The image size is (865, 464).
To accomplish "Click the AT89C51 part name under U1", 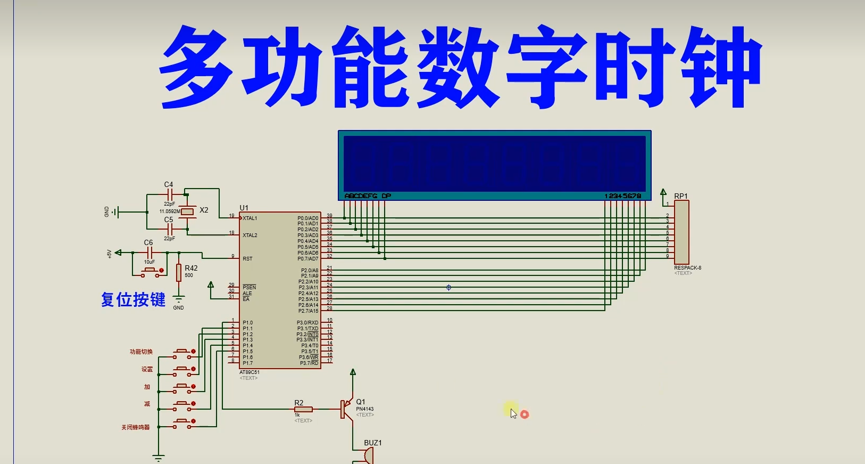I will coord(249,372).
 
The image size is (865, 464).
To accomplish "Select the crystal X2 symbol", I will coord(187,211).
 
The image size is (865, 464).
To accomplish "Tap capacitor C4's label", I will coord(169,184).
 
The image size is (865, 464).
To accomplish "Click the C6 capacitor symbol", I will coord(149,253).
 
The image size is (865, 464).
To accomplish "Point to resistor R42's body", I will coord(179,272).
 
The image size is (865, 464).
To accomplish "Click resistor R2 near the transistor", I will coord(304,409).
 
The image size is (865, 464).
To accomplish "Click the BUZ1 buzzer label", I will coord(372,443).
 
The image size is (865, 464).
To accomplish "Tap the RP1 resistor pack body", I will coord(681,233).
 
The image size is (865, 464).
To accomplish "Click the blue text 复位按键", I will coord(134,299).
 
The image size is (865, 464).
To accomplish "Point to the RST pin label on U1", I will coord(247,259).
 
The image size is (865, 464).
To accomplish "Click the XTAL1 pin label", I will coord(250,218).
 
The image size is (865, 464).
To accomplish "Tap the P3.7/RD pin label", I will coord(309,363).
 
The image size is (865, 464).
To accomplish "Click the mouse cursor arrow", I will coord(513,413).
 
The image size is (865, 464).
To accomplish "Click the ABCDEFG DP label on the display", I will coord(368,196).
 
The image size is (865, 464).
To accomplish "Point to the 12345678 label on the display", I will coord(622,196).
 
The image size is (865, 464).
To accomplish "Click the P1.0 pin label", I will coord(248,323).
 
